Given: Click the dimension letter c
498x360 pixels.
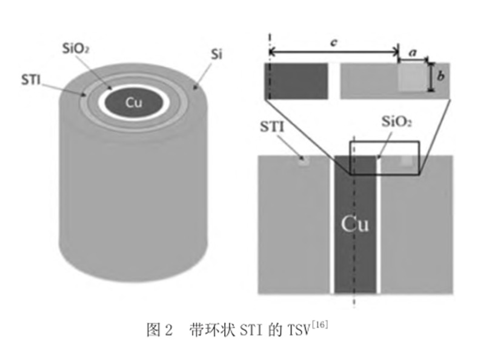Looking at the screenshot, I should pos(333,42).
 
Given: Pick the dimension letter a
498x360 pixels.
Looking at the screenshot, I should pos(413,53).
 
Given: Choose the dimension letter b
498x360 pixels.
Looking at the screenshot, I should pos(441,77).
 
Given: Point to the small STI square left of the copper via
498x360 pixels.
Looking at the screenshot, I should pos(303,161).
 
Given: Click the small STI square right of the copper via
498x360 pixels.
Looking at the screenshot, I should pos(408,161).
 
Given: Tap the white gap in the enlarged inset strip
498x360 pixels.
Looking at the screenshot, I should pos(334,81).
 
